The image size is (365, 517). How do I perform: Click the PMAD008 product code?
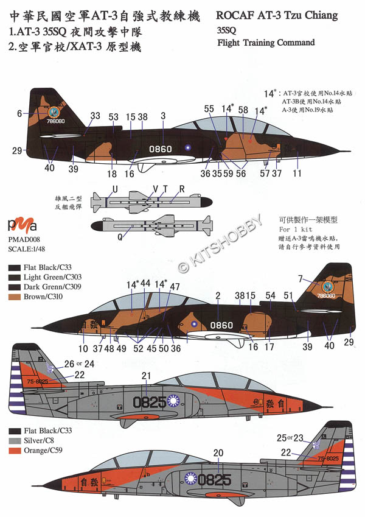23,240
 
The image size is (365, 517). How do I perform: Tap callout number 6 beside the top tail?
19,113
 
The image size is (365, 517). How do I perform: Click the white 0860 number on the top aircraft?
161,148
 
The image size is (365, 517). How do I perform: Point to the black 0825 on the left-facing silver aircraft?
150,402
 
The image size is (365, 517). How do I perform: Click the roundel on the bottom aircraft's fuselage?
193,479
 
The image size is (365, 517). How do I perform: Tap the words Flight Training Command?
266,43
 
